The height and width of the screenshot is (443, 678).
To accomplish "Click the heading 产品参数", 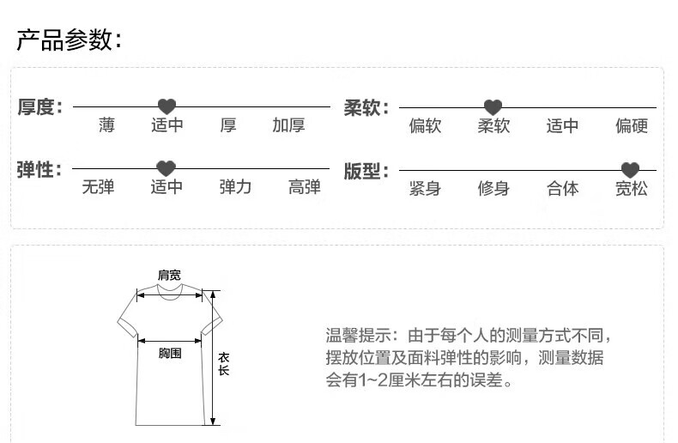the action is [69, 39].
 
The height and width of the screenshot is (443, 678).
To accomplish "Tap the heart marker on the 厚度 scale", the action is [166, 106].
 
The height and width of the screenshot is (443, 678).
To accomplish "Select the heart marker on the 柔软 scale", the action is [493, 107].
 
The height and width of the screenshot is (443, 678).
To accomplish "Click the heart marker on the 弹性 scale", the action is [166, 168].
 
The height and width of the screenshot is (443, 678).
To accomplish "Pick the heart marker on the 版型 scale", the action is [630, 170].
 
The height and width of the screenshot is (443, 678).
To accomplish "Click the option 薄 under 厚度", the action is [106, 126].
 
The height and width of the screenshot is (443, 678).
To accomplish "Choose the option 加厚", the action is [288, 126].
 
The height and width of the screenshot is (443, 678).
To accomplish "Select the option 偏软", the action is [425, 127].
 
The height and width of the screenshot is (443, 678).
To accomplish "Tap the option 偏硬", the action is [631, 127].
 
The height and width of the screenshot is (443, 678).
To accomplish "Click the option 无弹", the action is [98, 187].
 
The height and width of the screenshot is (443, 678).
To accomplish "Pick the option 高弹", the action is [304, 187].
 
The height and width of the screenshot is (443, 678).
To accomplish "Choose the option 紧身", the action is [425, 189].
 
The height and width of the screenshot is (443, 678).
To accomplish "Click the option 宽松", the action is [631, 189].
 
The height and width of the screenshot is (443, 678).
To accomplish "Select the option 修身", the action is [493, 189].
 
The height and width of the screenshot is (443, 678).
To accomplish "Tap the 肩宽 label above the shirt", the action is [168, 275].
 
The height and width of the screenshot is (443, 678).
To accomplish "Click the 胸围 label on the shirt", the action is [170, 353].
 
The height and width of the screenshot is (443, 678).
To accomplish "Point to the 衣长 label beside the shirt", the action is [223, 364].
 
